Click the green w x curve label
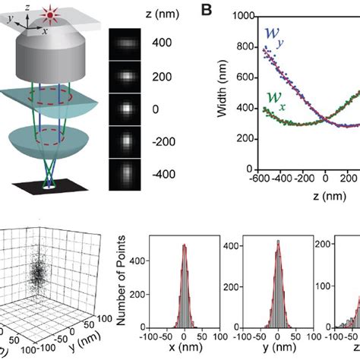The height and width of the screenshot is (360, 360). tap(274, 99)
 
